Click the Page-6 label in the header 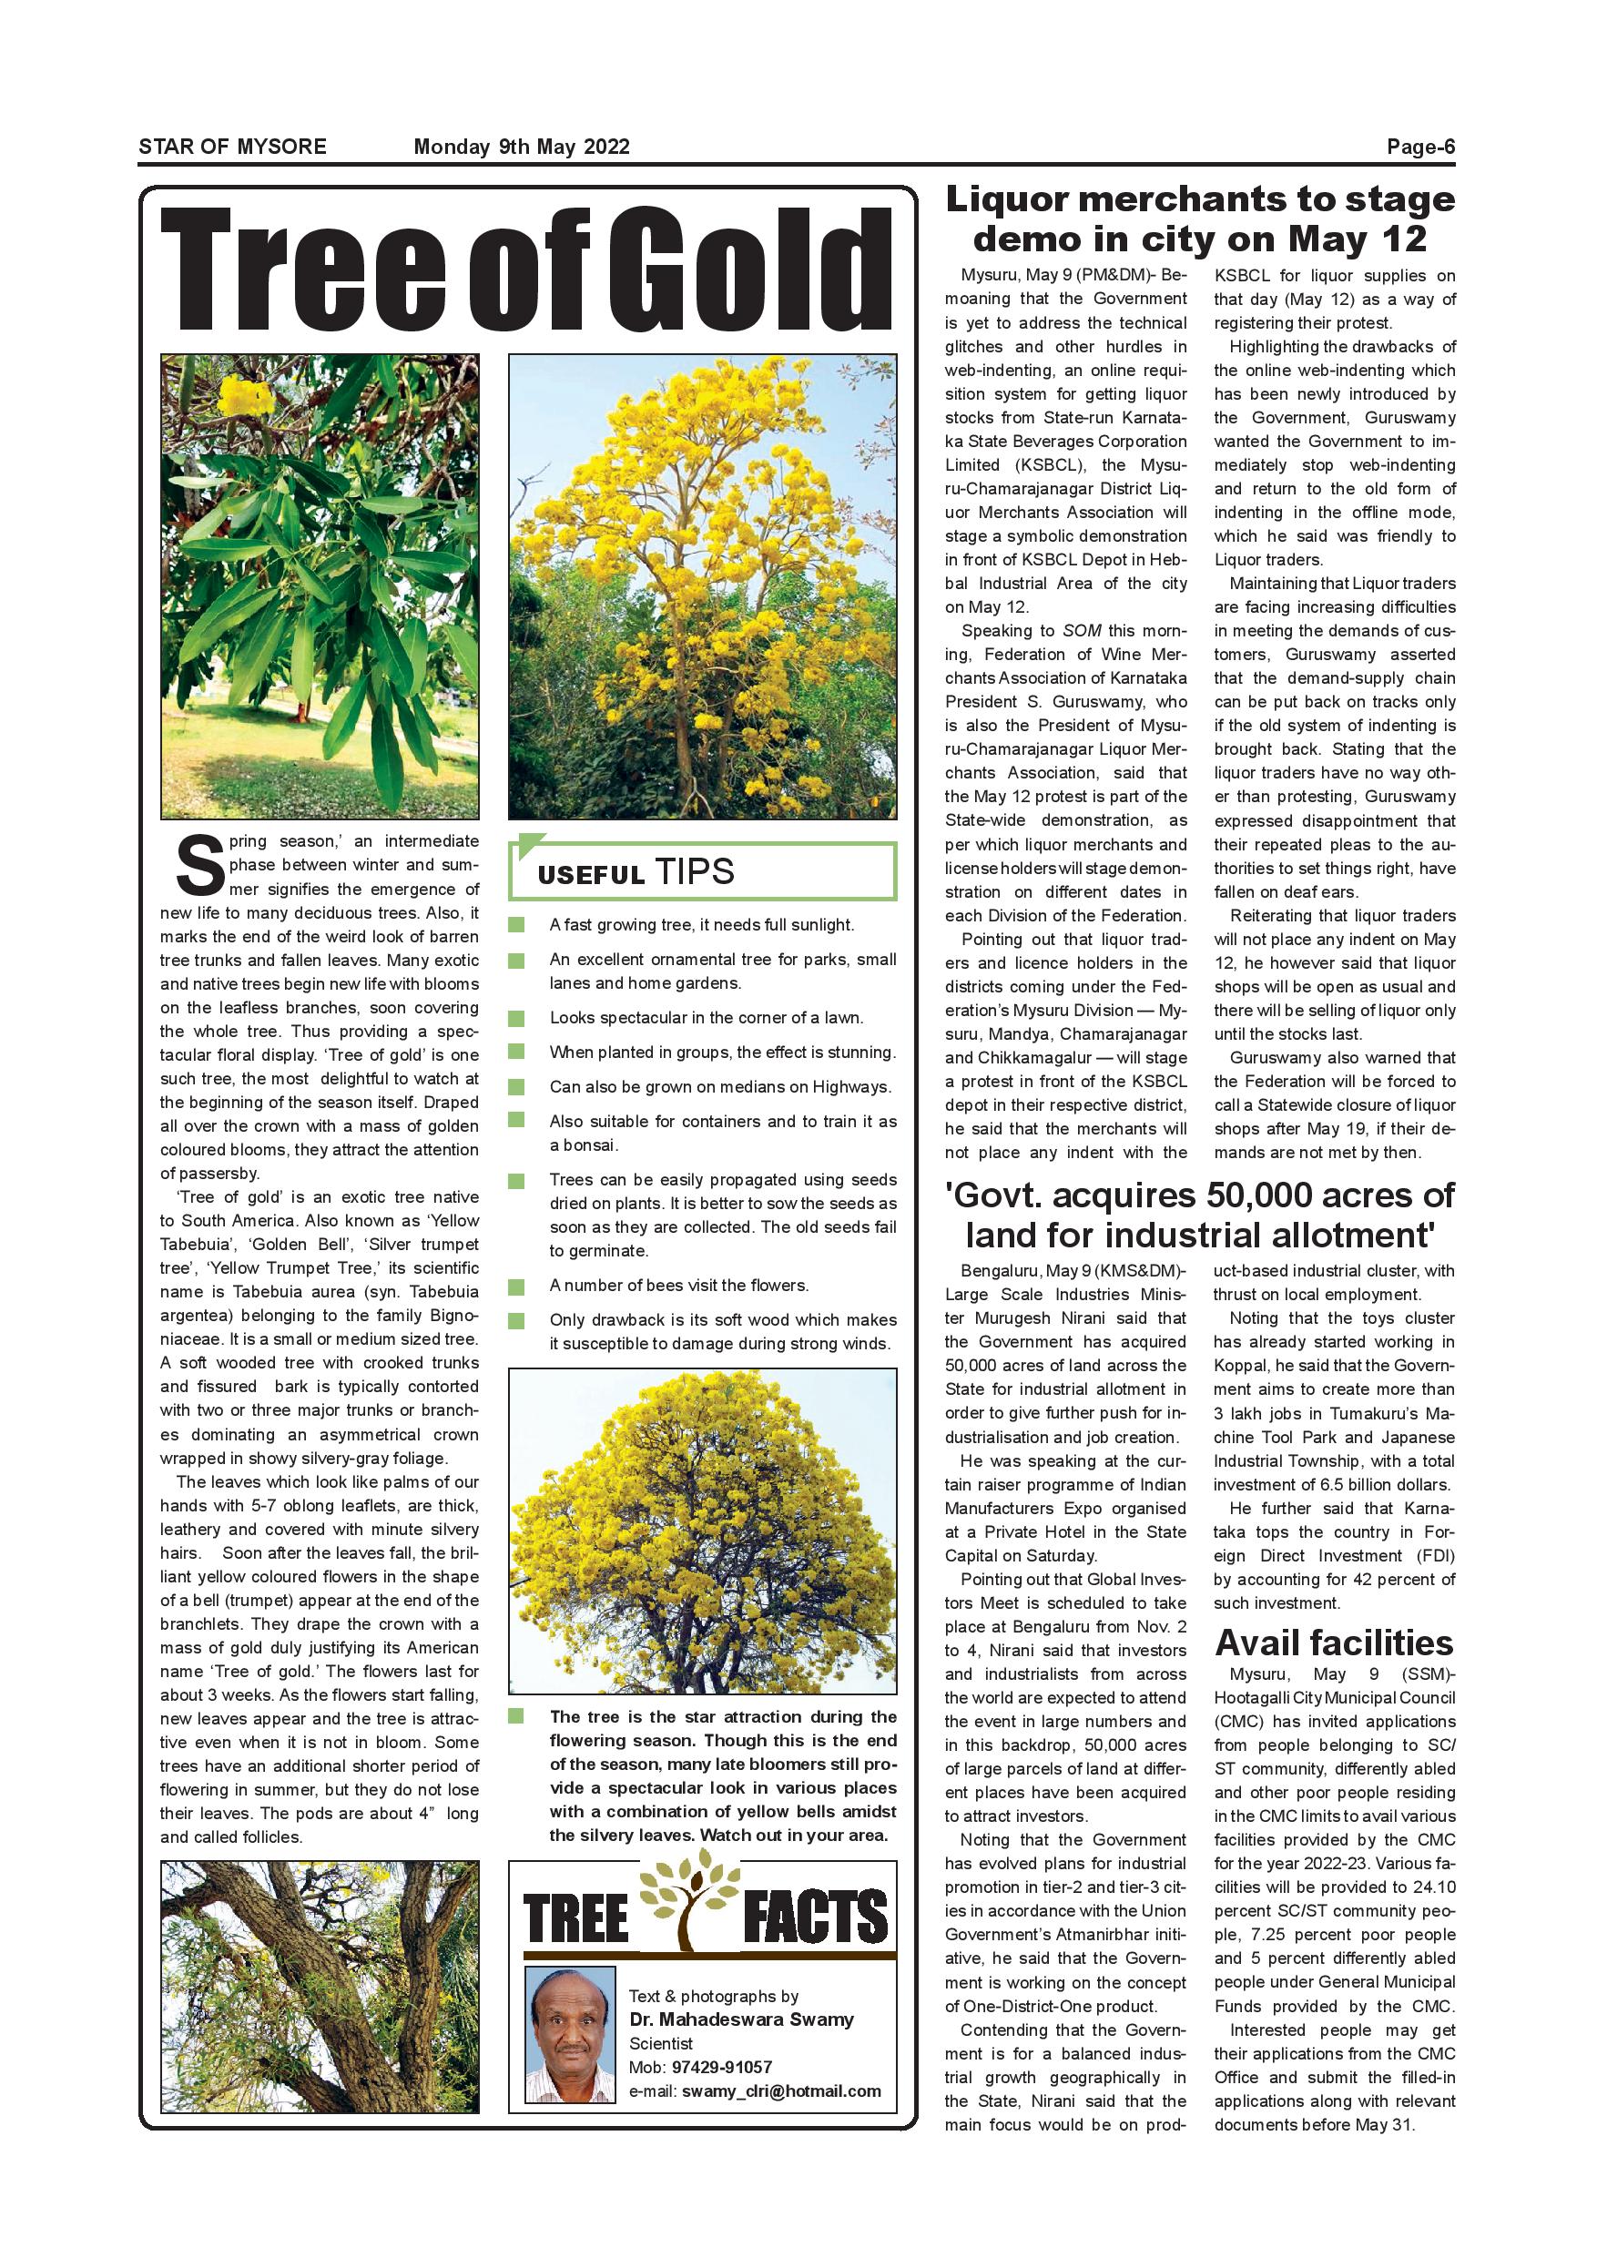pyautogui.click(x=1420, y=147)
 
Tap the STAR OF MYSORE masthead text pyautogui.click(x=232, y=147)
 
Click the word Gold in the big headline pyautogui.click(x=748, y=270)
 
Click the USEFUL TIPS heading pyautogui.click(x=636, y=872)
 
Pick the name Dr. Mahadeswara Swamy pyautogui.click(x=741, y=2019)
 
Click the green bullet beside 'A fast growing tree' pyautogui.click(x=517, y=924)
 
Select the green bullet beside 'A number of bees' pyautogui.click(x=517, y=1286)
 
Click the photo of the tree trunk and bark pyautogui.click(x=320, y=1987)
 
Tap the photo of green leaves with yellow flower pyautogui.click(x=320, y=586)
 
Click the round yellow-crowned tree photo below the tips pyautogui.click(x=702, y=1531)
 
